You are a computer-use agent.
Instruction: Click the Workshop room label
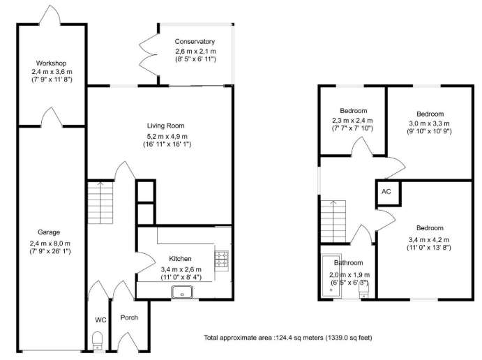52,63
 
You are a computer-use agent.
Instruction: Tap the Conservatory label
195,42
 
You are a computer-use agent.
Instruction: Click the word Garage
49,232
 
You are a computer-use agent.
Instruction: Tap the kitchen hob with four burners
222,260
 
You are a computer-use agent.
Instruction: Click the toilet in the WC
98,340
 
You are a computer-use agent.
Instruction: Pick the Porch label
129,318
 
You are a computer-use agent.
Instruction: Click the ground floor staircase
100,202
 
